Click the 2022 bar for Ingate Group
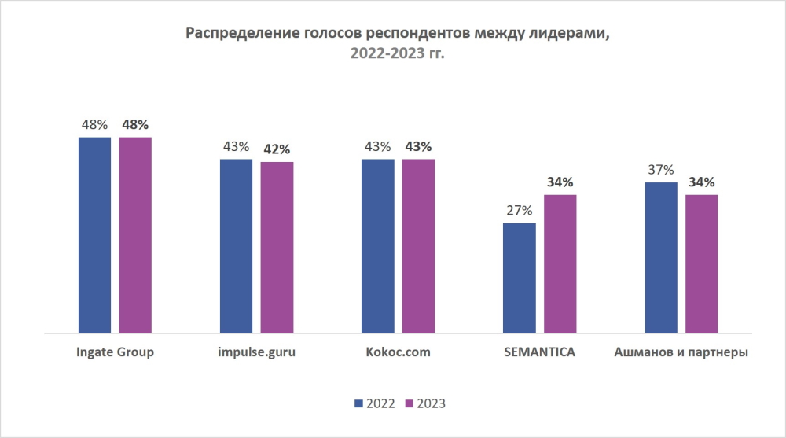click(x=94, y=235)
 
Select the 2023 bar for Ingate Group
click(x=135, y=235)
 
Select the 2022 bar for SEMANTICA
click(x=519, y=278)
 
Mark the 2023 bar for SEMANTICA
click(x=560, y=264)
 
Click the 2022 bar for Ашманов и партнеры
click(x=660, y=258)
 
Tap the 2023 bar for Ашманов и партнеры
click(x=701, y=264)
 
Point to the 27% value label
click(x=519, y=211)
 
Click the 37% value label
click(x=660, y=170)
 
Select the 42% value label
click(x=277, y=149)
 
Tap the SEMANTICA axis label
click(x=539, y=352)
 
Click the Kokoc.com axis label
click(x=398, y=352)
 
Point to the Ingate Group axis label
click(x=115, y=352)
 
